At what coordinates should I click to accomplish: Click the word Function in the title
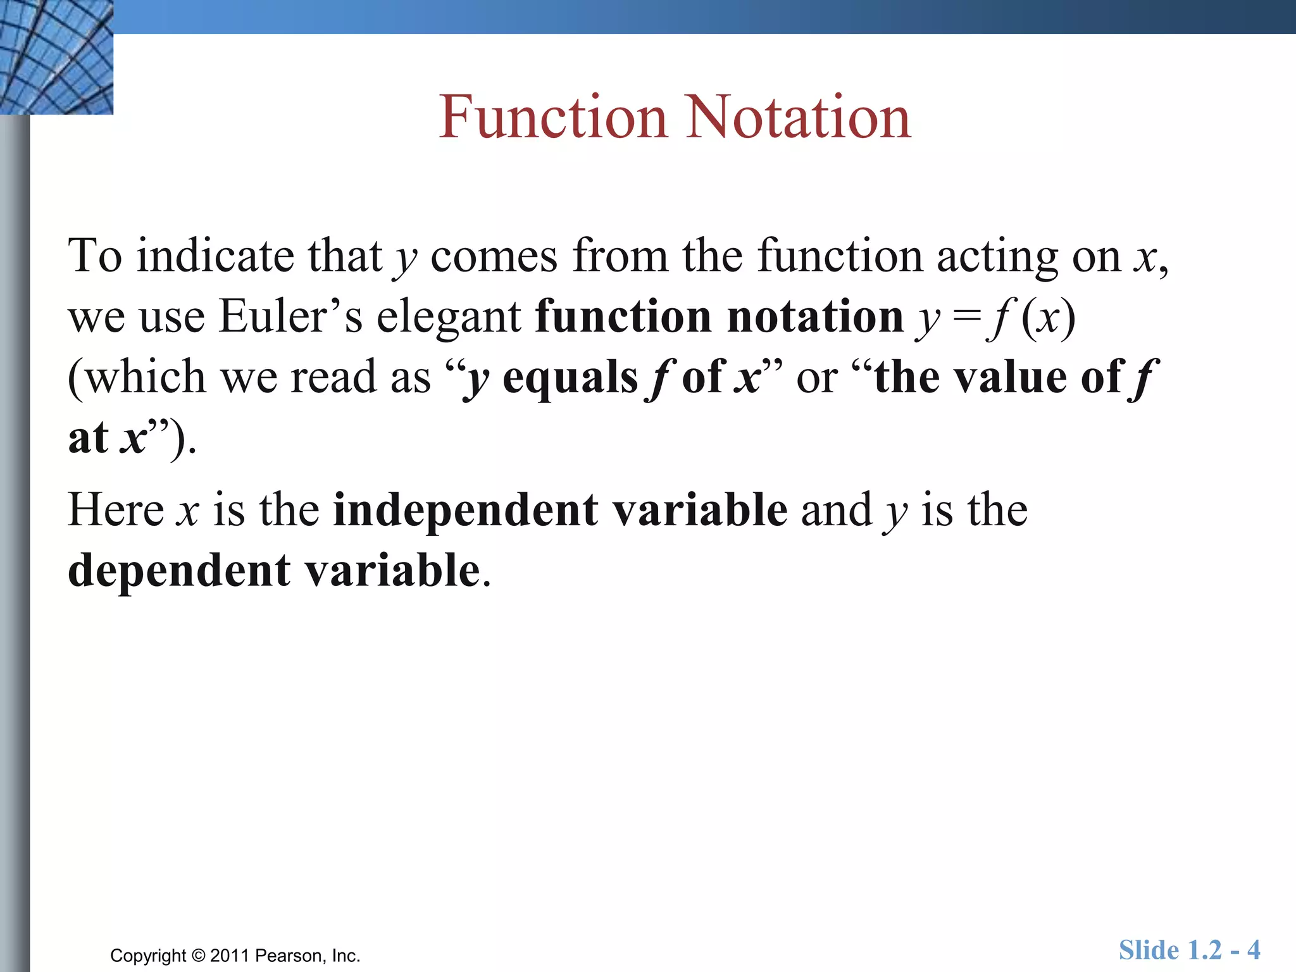(553, 117)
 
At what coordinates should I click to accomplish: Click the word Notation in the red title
(799, 117)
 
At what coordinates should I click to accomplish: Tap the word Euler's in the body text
(290, 316)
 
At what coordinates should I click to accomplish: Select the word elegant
(449, 317)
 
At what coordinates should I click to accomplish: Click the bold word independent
(560, 510)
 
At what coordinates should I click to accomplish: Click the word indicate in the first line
(215, 256)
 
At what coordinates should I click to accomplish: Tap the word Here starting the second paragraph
(116, 510)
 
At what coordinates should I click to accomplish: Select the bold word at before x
(89, 438)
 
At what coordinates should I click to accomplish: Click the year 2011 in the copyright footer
(230, 956)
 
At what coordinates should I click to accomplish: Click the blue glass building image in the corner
(56, 57)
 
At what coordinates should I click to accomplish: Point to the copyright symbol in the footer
(199, 956)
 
